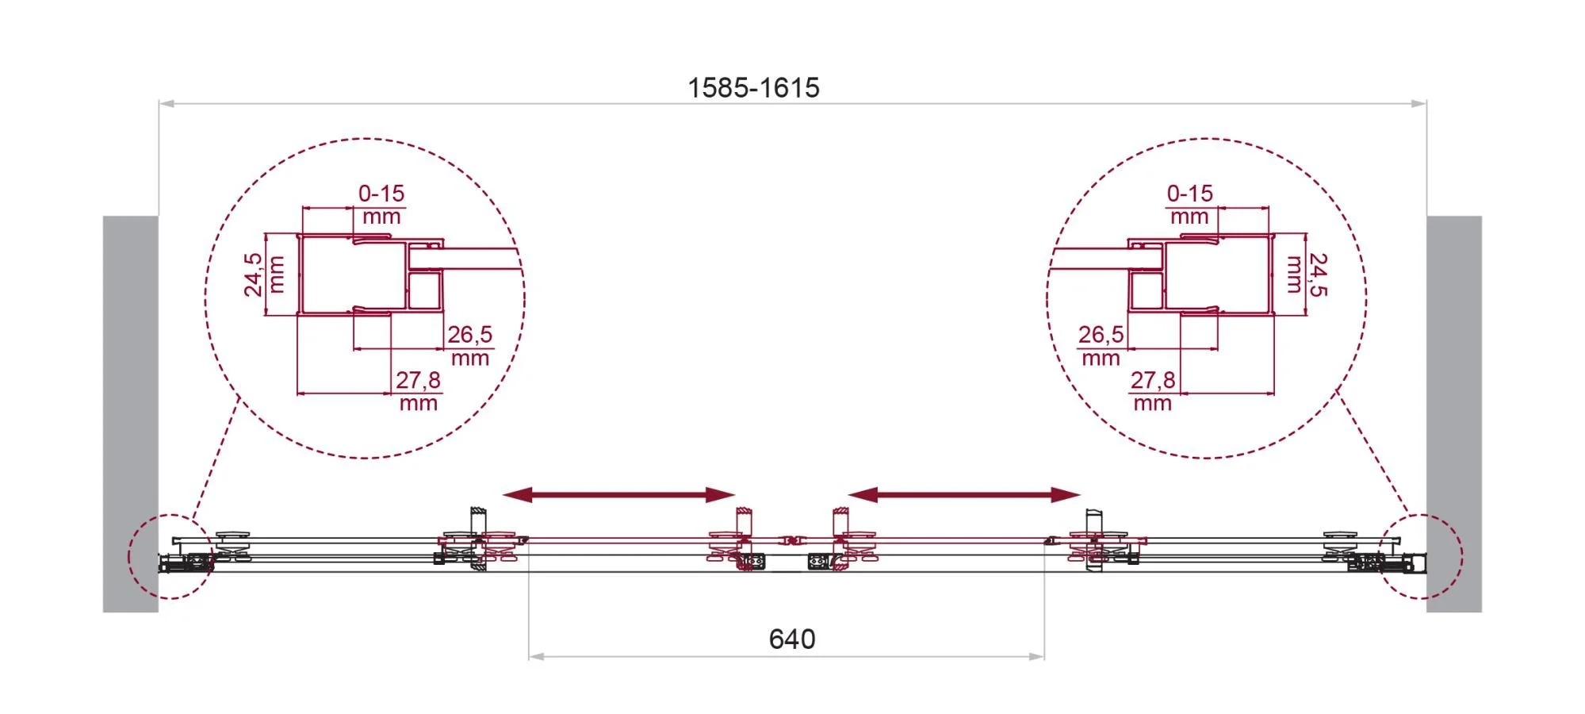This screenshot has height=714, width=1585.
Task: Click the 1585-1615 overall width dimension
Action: coord(753,87)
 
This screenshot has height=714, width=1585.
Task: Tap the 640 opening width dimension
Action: coord(792,639)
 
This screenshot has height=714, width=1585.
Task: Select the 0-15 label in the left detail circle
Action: coord(381,193)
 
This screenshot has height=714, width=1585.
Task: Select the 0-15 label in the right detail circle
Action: coord(1189,193)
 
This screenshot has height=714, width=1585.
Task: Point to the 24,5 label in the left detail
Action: coord(253,274)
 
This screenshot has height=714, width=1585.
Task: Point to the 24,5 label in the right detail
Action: coord(1319,274)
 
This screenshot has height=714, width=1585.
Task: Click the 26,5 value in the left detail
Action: coord(469,334)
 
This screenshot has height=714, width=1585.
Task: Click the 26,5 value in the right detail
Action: coord(1101,334)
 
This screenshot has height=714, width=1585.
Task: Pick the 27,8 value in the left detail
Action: coord(418,380)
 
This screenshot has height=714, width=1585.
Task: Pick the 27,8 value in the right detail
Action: coord(1153,380)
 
